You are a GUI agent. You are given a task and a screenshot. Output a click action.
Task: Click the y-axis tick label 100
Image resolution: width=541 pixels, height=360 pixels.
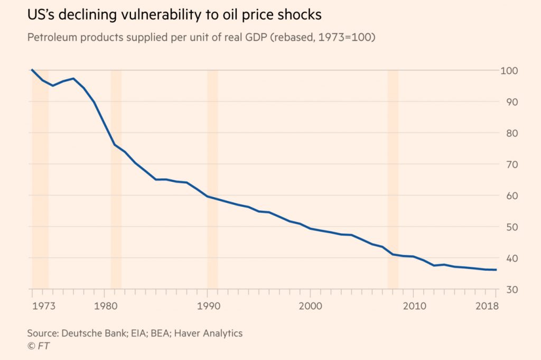(509, 71)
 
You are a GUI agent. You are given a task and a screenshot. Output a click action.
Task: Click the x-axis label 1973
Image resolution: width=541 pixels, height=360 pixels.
(44, 306)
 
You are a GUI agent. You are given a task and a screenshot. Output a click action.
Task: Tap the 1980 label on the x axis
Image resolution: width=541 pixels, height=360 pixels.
(106, 306)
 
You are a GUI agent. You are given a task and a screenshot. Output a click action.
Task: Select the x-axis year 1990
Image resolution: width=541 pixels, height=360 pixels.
(208, 306)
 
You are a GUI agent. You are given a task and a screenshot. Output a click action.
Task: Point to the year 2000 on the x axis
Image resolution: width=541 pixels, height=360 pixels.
(311, 306)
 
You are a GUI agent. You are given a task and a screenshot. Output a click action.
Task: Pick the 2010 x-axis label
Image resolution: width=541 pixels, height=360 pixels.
(414, 306)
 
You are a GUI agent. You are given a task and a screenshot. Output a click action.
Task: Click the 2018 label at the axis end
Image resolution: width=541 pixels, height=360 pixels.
(487, 306)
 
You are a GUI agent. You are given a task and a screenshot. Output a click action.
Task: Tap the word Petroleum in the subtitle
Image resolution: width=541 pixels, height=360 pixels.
(52, 38)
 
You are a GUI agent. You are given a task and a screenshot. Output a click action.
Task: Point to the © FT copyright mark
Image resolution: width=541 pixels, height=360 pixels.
(38, 346)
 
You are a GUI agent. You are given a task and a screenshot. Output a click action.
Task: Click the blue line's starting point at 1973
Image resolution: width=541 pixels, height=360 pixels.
(32, 70)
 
